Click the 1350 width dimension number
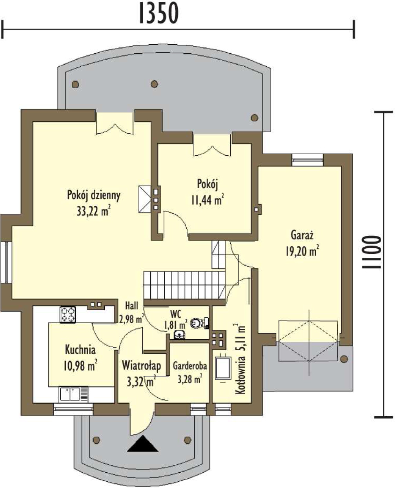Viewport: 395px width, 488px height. click(159, 13)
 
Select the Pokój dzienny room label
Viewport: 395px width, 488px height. click(93, 196)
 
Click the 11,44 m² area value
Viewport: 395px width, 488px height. click(208, 200)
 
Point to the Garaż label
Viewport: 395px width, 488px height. click(302, 235)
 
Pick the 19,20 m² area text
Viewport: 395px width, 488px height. click(302, 251)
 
